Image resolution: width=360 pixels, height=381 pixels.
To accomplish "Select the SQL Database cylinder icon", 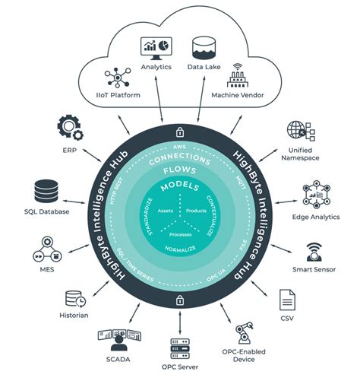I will pos(47,189).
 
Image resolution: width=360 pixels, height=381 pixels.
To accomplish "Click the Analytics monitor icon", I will pos(156,47).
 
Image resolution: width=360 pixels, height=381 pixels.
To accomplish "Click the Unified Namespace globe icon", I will pos(295,132).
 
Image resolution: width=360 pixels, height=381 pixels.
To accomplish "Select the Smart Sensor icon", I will pos(314,251).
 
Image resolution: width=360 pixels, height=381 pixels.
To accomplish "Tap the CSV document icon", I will pos(288,298).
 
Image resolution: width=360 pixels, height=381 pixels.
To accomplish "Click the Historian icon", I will pos(74,298).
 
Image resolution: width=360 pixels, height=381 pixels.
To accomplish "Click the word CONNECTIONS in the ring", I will pos(179,157).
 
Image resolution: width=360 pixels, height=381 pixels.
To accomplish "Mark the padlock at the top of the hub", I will pos(179,130).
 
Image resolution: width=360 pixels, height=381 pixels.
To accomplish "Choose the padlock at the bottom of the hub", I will pos(179,302).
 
